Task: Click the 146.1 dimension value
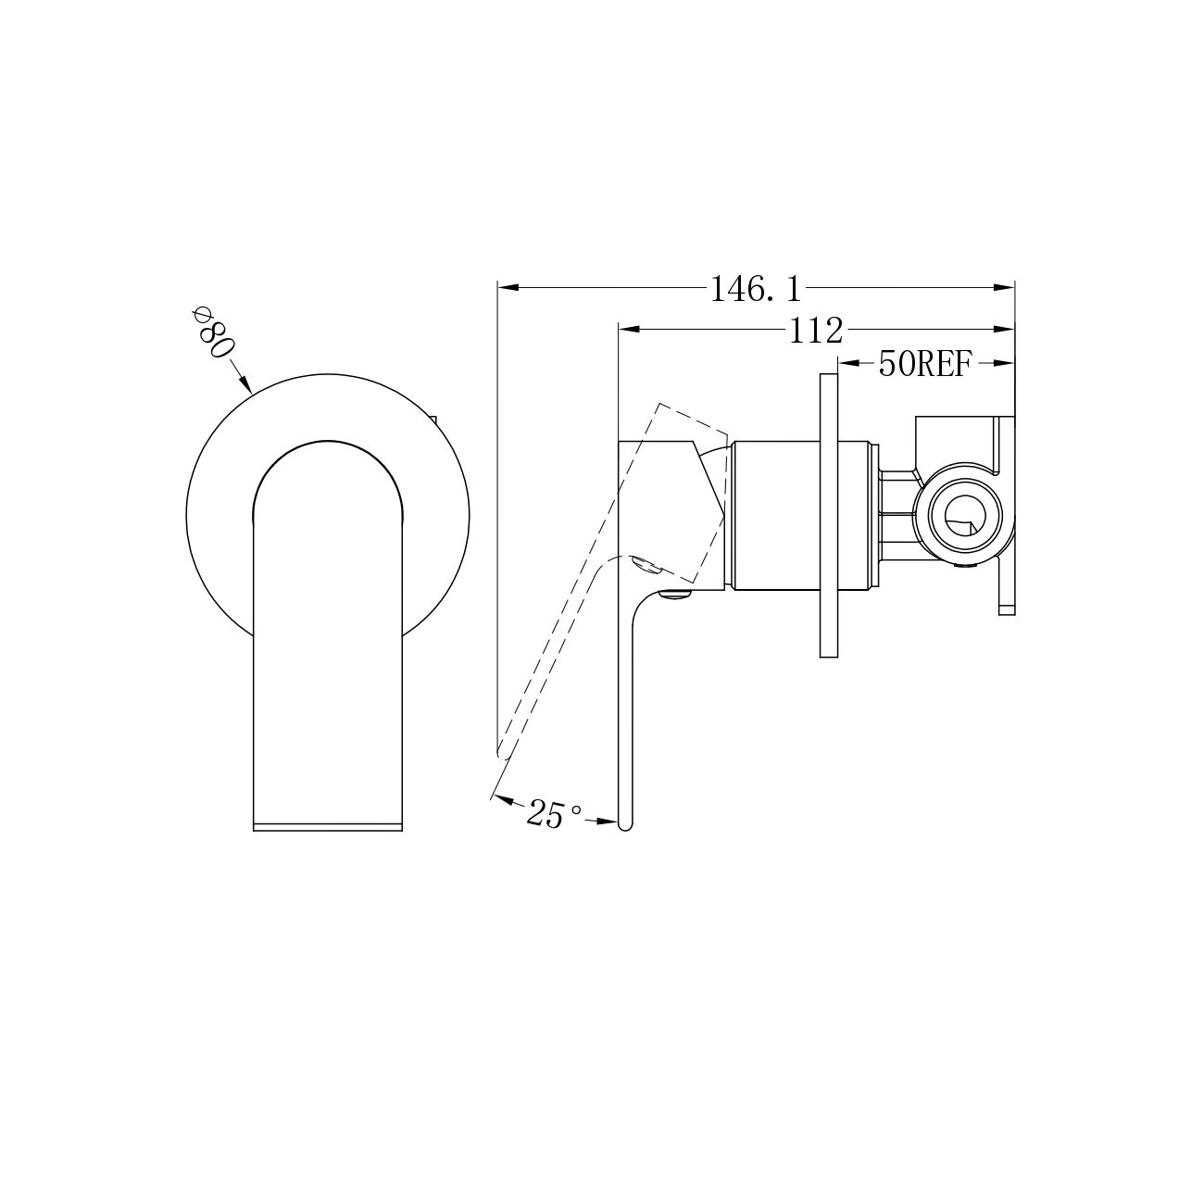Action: [756, 290]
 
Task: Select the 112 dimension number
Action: [816, 331]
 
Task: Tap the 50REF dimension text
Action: [925, 364]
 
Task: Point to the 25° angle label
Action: [554, 813]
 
